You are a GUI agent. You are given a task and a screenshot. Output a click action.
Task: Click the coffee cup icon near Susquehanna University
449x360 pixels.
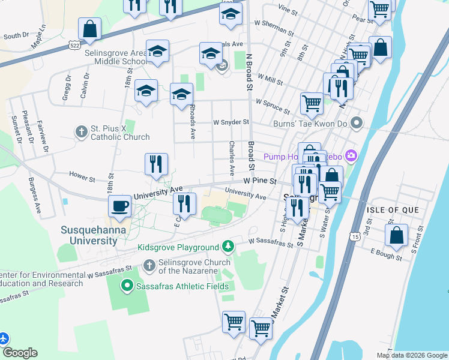tap(120, 206)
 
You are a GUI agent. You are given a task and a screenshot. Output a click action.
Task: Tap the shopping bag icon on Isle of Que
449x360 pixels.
tap(396, 235)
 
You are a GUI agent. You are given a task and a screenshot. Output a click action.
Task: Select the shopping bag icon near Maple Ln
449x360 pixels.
tap(89, 29)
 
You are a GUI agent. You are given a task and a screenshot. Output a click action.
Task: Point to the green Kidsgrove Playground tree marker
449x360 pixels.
tap(228, 247)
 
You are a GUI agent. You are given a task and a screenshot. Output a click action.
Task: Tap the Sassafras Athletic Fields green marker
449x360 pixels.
tap(127, 286)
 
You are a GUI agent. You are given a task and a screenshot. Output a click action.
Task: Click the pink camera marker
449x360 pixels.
tap(351, 157)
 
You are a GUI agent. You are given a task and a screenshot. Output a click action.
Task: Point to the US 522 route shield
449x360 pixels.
tap(74, 45)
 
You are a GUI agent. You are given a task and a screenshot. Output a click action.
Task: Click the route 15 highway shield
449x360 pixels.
tap(356, 238)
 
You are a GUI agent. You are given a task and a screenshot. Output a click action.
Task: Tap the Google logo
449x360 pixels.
tap(19, 353)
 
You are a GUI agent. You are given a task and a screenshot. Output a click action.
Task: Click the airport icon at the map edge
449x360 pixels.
tap(4, 339)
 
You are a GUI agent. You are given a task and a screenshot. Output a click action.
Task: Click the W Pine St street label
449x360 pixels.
tap(259, 181)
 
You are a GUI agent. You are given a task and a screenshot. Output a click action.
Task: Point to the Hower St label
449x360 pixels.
tap(82, 178)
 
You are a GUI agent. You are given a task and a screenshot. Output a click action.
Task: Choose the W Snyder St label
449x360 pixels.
tap(231, 122)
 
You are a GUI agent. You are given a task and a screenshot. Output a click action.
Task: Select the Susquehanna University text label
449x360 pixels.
tap(89, 235)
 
